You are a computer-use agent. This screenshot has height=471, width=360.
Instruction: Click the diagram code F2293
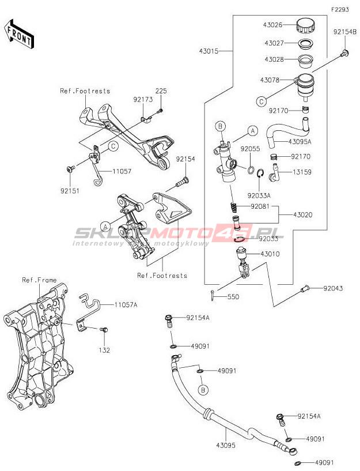(x=340, y=10)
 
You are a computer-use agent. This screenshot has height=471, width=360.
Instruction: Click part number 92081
(x=260, y=206)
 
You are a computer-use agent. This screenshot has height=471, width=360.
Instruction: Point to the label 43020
(x=303, y=214)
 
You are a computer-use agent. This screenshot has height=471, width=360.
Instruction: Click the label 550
(x=233, y=296)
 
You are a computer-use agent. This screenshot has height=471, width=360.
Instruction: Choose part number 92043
(x=334, y=287)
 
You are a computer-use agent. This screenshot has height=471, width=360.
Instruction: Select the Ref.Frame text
(x=39, y=280)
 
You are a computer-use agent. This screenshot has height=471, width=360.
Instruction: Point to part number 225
(x=161, y=91)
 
